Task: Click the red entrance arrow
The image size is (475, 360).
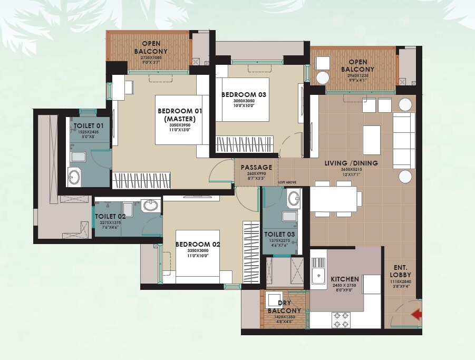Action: [x=416, y=315]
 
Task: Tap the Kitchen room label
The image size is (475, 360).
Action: [x=345, y=279]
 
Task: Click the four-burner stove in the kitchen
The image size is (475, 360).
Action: [x=340, y=318]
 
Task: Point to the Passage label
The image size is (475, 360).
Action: [x=256, y=168]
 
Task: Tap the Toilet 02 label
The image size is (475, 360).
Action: [x=110, y=216]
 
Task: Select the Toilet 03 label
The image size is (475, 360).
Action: [x=279, y=234]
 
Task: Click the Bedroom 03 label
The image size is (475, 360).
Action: [x=244, y=94]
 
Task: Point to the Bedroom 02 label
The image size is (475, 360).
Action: [x=197, y=245]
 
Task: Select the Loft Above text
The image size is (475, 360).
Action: [x=287, y=182]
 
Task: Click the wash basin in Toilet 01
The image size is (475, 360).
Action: [x=74, y=177]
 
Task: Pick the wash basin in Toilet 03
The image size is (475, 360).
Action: [x=294, y=199]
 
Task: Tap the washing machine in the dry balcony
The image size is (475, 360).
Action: [x=275, y=298]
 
